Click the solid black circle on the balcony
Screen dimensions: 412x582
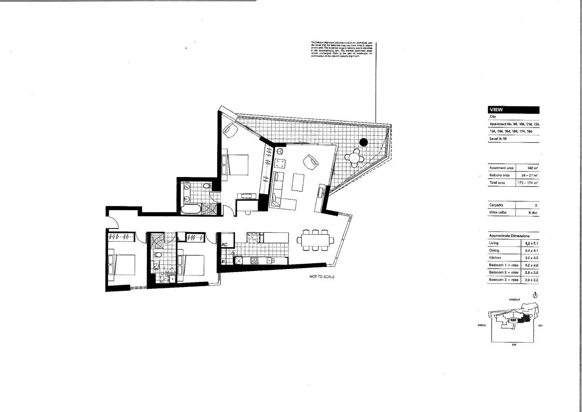pyautogui.click(x=364, y=142)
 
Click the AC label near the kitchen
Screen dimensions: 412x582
pyautogui.click(x=224, y=245)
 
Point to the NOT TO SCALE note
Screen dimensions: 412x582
pyautogui.click(x=322, y=277)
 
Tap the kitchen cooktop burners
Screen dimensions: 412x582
pyautogui.click(x=254, y=261)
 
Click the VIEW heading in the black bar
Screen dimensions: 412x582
pyautogui.click(x=496, y=110)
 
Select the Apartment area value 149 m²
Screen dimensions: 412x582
pyautogui.click(x=532, y=168)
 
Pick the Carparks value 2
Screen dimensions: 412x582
pyautogui.click(x=536, y=205)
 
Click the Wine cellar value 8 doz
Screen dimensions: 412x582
pyautogui.click(x=532, y=212)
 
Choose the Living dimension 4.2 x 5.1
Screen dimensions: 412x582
pyautogui.click(x=531, y=243)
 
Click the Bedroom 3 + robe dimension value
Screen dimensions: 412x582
pyautogui.click(x=531, y=280)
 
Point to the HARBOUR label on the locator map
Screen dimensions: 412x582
pyautogui.click(x=514, y=300)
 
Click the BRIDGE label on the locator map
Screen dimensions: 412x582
pyautogui.click(x=482, y=325)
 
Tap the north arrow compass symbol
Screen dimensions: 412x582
pyautogui.click(x=535, y=296)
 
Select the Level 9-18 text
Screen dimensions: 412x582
pyautogui.click(x=498, y=139)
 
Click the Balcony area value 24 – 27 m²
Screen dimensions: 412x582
pyautogui.click(x=529, y=175)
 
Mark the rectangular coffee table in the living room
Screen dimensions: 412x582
pyautogui.click(x=298, y=182)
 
